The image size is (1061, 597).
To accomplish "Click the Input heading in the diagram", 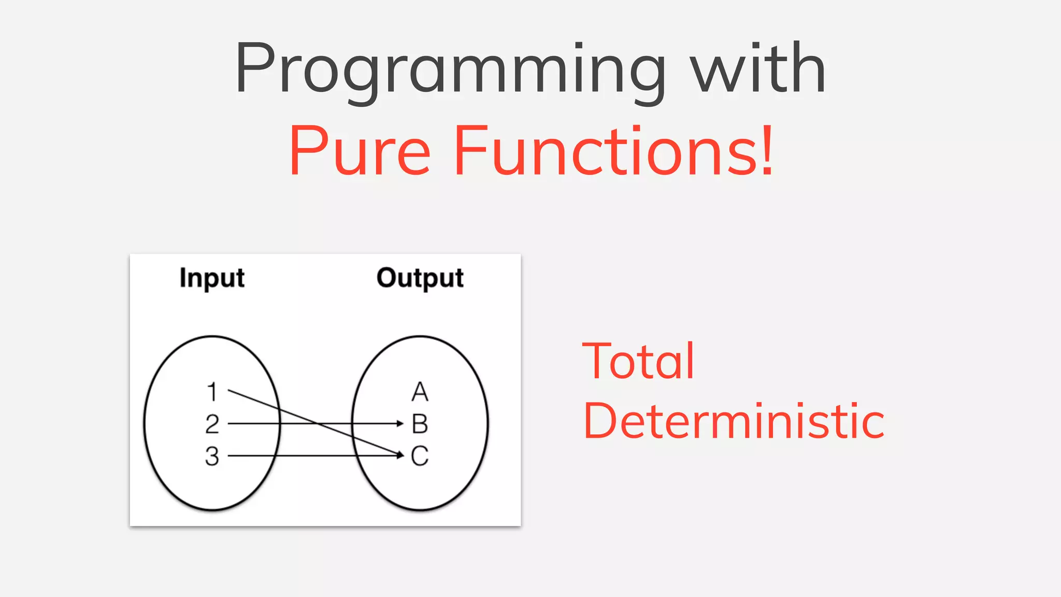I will tap(212, 278).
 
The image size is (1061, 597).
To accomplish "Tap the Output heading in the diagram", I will tap(420, 278).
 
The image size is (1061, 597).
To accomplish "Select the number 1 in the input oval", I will tap(212, 392).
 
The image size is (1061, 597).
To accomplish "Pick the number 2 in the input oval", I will tap(212, 424).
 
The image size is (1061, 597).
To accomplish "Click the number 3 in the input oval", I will tap(212, 456).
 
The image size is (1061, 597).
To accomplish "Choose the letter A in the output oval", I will tap(420, 392).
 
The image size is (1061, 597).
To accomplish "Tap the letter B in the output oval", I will tap(420, 424).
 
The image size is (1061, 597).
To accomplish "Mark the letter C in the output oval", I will tap(420, 456).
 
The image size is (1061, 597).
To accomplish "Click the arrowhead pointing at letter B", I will tap(400, 423).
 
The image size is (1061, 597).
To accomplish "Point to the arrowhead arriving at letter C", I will tap(399, 455).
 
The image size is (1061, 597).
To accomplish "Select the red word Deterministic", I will tap(734, 421).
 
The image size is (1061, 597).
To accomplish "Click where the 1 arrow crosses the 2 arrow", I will tap(316, 423).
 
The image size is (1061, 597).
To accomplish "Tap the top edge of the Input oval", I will tap(212, 336).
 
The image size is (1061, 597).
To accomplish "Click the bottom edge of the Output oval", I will tap(420, 510).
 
